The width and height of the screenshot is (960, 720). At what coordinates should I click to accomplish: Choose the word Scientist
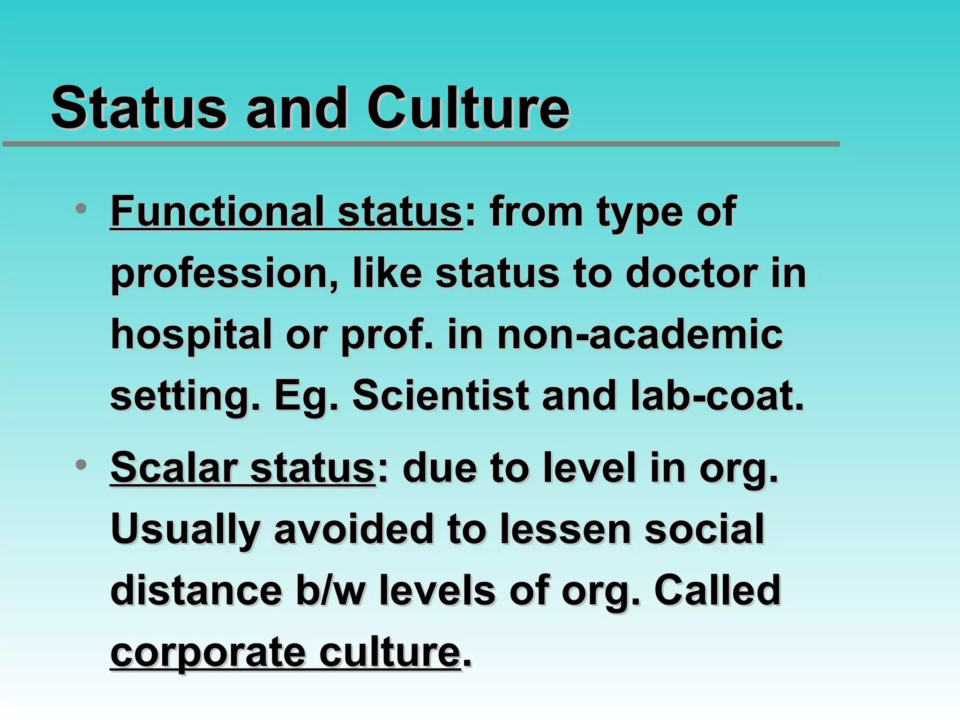[x=441, y=396]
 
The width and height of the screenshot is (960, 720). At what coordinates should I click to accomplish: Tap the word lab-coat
[x=717, y=396]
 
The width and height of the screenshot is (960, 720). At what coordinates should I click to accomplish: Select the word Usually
[x=186, y=530]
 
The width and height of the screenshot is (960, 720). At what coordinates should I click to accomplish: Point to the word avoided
[x=354, y=529]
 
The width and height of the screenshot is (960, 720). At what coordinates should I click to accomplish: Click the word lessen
[x=565, y=529]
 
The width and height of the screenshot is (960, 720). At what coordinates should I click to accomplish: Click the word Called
[x=717, y=591]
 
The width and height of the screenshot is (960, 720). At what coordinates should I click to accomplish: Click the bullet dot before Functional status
[x=81, y=208]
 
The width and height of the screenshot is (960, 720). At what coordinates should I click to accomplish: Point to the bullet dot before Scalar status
[x=81, y=465]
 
